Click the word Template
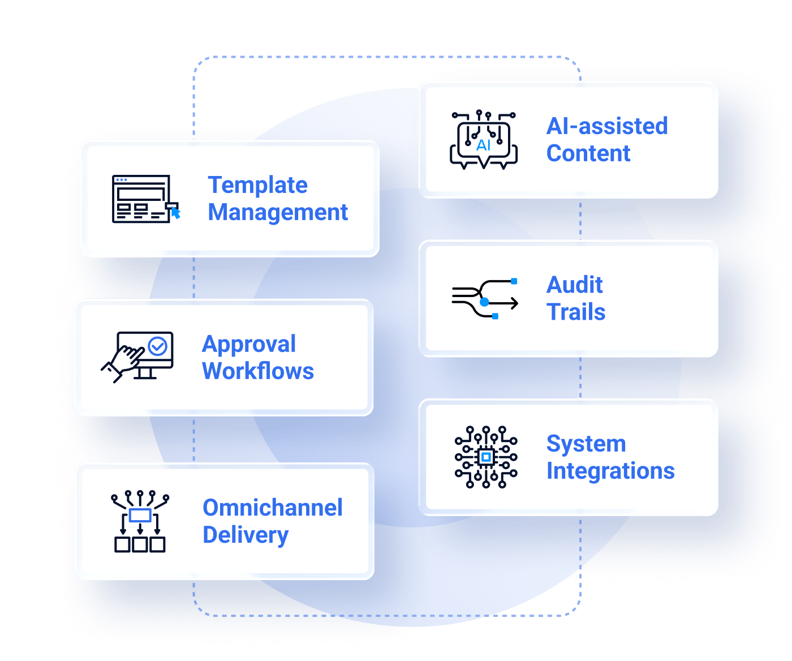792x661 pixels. pyautogui.click(x=257, y=186)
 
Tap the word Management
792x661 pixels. pyautogui.click(x=278, y=212)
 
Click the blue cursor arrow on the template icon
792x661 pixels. pyautogui.click(x=175, y=213)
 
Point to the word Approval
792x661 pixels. pyautogui.click(x=249, y=345)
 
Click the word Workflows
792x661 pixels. pyautogui.click(x=258, y=371)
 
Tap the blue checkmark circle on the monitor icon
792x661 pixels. pyautogui.click(x=157, y=346)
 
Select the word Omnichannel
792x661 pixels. pyautogui.click(x=272, y=508)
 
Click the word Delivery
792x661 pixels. pyautogui.click(x=246, y=535)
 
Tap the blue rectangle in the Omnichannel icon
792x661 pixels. pyautogui.click(x=140, y=516)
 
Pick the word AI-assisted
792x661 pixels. pyautogui.click(x=607, y=126)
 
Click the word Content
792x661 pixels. pyautogui.click(x=588, y=153)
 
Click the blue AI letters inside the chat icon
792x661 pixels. pyautogui.click(x=484, y=145)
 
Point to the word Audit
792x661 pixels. pyautogui.click(x=574, y=285)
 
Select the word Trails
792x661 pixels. pyautogui.click(x=576, y=312)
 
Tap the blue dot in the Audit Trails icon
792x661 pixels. pyautogui.click(x=484, y=302)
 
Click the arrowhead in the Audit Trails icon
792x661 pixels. pyautogui.click(x=515, y=303)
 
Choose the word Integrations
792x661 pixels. pyautogui.click(x=611, y=471)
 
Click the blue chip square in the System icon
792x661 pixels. pyautogui.click(x=486, y=457)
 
